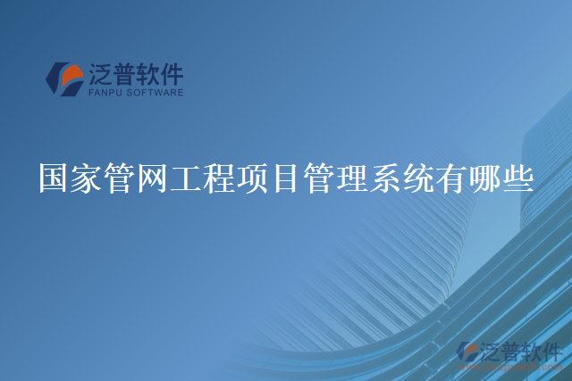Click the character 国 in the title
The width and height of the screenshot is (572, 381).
pos(55,178)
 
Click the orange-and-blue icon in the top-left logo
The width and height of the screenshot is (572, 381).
pos(64,79)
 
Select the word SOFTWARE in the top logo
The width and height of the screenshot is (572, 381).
pos(157,92)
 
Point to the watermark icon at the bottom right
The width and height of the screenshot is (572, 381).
pos(468,352)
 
